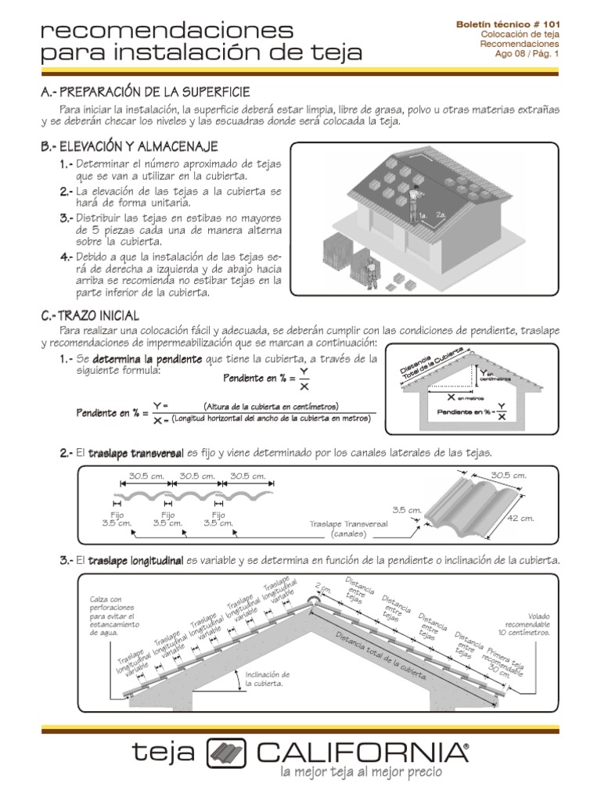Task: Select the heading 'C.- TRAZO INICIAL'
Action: coord(90,315)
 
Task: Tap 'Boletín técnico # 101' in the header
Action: coord(509,24)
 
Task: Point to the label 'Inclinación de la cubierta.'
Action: coord(268,678)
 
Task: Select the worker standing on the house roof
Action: coord(412,199)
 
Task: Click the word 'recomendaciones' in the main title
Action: coord(167,31)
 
